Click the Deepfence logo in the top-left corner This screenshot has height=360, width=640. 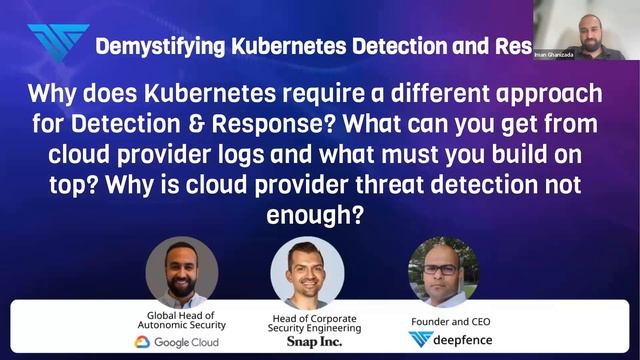tap(56, 42)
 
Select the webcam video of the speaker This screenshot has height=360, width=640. tap(586, 30)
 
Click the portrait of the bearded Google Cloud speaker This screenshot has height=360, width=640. tap(181, 271)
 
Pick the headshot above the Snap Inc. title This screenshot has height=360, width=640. tap(307, 273)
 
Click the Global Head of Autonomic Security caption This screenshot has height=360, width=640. tap(180, 320)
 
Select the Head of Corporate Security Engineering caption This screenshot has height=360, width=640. tap(308, 320)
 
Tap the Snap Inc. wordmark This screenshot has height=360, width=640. tap(308, 342)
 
